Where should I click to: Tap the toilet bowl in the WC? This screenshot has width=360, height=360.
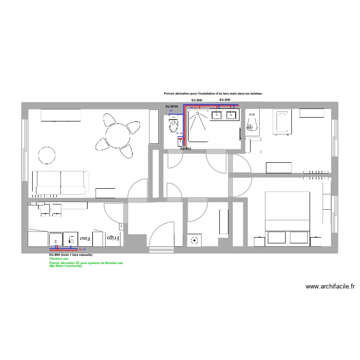tap(173, 126)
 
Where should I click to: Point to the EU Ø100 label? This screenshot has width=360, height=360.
tap(172, 106)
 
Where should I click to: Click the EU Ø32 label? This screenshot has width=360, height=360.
tap(185, 149)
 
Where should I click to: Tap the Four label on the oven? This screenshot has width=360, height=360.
tap(85, 238)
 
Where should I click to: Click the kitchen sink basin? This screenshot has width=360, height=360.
tap(55, 239)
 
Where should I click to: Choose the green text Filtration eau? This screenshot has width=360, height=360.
tap(60, 259)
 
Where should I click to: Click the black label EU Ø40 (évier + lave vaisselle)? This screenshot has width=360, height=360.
tap(71, 254)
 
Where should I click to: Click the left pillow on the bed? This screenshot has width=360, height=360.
tap(276, 237)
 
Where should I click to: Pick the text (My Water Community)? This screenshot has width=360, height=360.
tap(65, 266)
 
